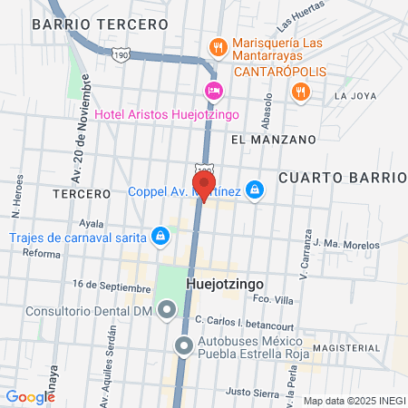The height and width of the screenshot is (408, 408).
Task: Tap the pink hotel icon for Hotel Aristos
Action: (x=213, y=90)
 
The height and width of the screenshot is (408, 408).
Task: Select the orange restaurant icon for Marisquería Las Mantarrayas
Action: (x=217, y=45)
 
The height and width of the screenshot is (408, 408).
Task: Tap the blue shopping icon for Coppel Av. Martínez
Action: (x=256, y=189)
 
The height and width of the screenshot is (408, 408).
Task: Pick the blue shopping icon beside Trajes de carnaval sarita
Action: (x=160, y=237)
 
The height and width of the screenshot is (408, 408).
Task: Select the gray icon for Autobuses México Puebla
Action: (x=183, y=345)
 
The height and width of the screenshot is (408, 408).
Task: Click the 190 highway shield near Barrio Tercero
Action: (x=121, y=55)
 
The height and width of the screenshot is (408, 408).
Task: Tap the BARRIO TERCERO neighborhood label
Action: (x=100, y=24)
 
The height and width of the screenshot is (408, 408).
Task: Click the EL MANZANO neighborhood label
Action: (x=273, y=140)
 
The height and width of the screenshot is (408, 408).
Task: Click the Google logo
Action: (x=30, y=396)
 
